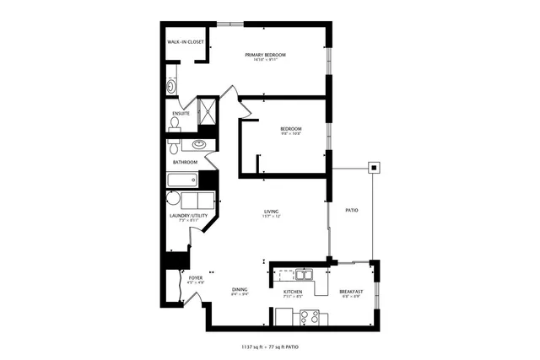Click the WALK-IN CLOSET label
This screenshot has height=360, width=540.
click(186, 41)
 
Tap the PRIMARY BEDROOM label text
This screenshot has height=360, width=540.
click(266, 55)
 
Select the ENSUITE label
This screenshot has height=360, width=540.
click(181, 113)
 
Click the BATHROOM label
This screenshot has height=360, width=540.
click(185, 162)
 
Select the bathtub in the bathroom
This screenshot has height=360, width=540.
click(182, 180)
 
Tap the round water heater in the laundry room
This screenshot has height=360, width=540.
click(173, 200)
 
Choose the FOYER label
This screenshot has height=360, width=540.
click(196, 277)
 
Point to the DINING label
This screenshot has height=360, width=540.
click(240, 289)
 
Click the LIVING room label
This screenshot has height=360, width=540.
click(271, 212)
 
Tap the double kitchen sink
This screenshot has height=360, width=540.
click(302, 274)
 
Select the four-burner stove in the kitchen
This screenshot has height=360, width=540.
click(309, 318)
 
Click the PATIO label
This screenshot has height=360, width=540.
click(352, 210)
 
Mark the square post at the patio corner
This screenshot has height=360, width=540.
click(372, 167)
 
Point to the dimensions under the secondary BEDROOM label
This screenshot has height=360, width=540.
click(291, 134)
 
